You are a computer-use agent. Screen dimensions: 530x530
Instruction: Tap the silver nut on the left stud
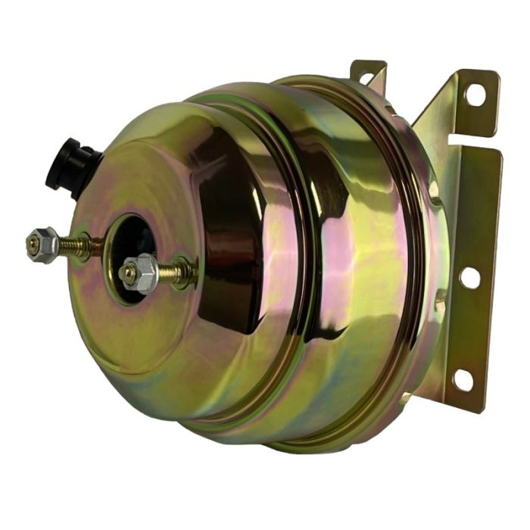tap(43, 244)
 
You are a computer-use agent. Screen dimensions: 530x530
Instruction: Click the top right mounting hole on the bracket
tap(475, 94)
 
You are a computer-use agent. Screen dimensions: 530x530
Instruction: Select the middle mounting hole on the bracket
tap(469, 277)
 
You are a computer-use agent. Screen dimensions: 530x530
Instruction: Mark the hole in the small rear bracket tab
tap(366, 77)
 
